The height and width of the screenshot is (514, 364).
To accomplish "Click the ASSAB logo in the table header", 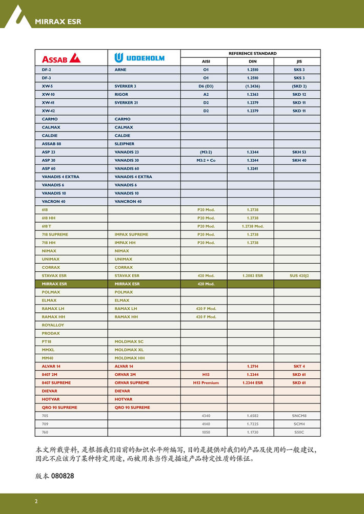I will click(x=61, y=57).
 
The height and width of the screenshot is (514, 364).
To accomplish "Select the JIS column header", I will click(x=299, y=61).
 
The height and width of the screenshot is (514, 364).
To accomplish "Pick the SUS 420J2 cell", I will click(x=299, y=275).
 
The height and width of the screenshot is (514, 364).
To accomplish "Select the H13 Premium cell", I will click(x=206, y=382).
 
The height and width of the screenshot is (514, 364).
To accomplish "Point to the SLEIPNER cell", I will click(x=125, y=144).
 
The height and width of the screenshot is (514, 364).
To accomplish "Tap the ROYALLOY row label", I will click(x=53, y=325).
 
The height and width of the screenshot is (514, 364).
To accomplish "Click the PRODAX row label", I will click(x=51, y=333).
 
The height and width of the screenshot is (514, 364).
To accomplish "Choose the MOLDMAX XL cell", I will click(x=129, y=350).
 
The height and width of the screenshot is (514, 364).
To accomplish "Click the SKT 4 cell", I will click(x=299, y=366).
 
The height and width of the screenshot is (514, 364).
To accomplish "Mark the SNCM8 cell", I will click(x=299, y=416).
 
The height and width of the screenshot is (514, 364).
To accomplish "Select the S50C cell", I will click(x=299, y=432).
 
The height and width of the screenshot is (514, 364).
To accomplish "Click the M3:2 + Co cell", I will click(x=206, y=160).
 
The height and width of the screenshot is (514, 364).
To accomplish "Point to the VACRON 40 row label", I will click(x=54, y=201).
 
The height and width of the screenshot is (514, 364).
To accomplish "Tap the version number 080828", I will click(x=63, y=476).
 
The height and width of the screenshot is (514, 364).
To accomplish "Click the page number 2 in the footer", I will click(x=36, y=501).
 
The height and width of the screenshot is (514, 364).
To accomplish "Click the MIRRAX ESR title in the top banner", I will click(x=58, y=22).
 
